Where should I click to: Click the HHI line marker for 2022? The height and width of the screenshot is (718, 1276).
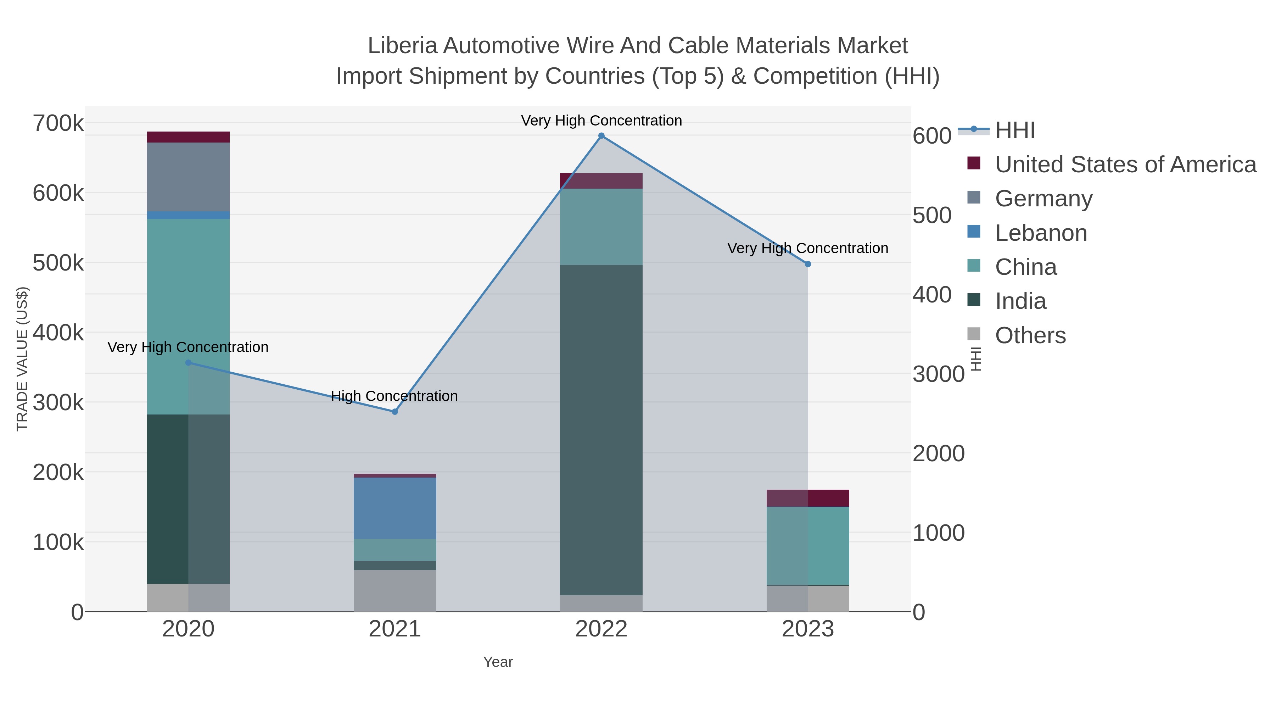click(x=601, y=136)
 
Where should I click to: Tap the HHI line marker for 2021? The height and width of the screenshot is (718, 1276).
click(x=395, y=412)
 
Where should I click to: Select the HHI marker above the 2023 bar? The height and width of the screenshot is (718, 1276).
click(x=808, y=264)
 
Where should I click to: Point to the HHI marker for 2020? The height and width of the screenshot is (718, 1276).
click(x=188, y=363)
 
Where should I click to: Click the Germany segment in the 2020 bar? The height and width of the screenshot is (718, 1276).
click(x=188, y=177)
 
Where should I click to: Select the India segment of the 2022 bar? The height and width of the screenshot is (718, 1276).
click(x=601, y=430)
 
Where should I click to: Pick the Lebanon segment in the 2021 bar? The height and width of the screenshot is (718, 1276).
click(x=395, y=508)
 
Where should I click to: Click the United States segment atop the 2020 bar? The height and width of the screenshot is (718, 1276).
click(x=188, y=137)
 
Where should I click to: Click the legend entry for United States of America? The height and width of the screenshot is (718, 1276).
click(x=1125, y=165)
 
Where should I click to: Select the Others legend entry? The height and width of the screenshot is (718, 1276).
click(x=1030, y=335)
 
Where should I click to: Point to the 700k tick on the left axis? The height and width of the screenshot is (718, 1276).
click(x=58, y=123)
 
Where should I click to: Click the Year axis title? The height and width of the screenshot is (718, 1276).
click(x=498, y=662)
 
